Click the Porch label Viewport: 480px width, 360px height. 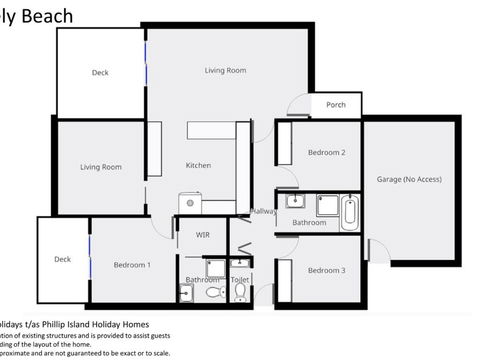[335, 105]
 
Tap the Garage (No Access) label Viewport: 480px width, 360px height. [409, 179]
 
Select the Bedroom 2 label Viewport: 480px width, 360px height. [326, 153]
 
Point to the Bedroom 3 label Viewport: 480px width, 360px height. [326, 271]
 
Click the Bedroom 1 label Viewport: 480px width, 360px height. [132, 265]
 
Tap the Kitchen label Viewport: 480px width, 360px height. [198, 165]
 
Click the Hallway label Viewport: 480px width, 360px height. [263, 211]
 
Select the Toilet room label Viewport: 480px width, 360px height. [240, 281]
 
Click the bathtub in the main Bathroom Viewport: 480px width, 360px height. [348, 212]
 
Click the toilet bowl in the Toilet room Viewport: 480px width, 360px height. [240, 293]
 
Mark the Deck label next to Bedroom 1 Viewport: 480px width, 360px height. [63, 259]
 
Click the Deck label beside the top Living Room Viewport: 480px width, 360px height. [100, 73]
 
